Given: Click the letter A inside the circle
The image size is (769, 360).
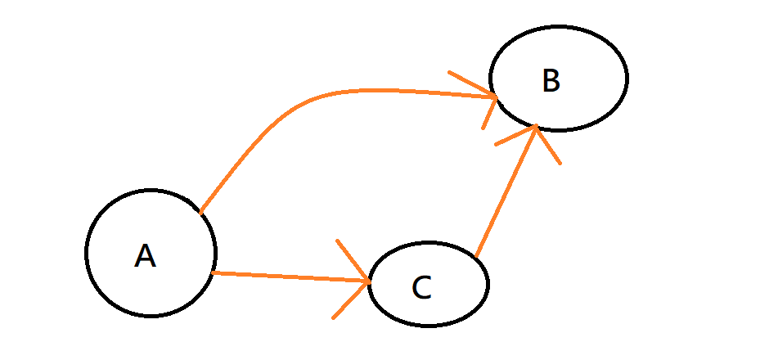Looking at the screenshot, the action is click(145, 256).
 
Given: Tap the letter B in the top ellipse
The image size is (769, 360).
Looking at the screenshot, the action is click(551, 81).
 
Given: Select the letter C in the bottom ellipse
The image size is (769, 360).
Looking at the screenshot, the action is click(421, 287).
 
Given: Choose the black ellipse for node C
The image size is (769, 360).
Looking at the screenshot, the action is click(487, 283).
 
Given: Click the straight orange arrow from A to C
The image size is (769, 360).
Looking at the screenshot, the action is click(286, 277).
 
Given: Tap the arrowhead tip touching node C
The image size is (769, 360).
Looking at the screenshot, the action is click(370, 282).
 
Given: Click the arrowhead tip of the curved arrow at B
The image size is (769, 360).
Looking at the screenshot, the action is click(498, 97).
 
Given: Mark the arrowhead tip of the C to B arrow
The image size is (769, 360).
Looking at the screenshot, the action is click(536, 126).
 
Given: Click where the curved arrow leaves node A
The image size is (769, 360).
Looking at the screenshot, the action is click(200, 213).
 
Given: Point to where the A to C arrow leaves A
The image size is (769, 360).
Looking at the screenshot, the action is click(213, 272).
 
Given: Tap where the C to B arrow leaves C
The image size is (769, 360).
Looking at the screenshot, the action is click(475, 257).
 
